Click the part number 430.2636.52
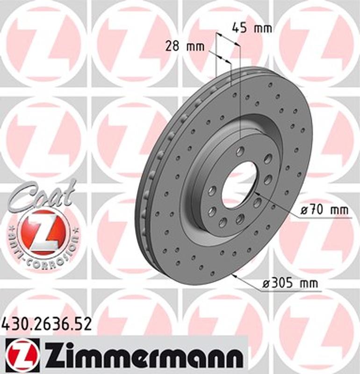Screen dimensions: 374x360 [46, 323]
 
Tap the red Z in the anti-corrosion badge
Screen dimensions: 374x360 [44, 232]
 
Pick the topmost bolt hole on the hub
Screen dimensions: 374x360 [241, 151]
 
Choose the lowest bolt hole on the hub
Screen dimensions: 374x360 [223, 221]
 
